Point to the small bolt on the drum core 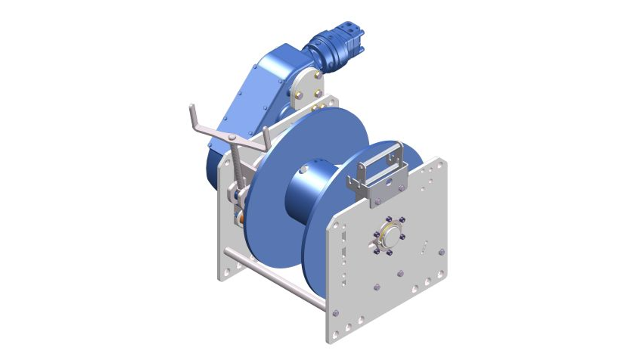tap(302, 170)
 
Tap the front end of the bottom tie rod tap(323, 305)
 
